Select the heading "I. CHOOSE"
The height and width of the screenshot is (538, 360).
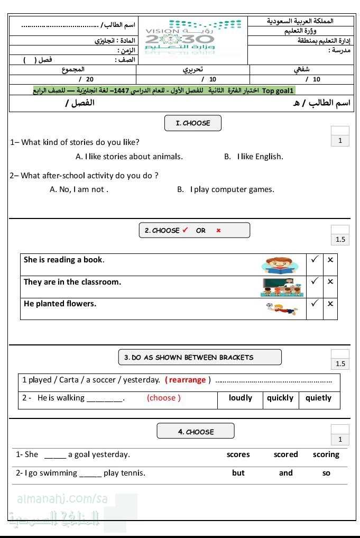click(193, 123)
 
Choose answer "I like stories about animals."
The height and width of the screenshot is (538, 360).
click(130, 157)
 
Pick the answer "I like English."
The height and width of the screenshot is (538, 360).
click(254, 157)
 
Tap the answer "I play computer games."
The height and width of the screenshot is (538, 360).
click(226, 189)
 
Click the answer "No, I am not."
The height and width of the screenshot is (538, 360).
click(79, 189)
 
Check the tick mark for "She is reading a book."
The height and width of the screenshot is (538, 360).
click(315, 260)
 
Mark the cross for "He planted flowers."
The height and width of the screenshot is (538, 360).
click(330, 304)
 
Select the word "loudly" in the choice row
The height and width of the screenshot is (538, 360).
click(241, 398)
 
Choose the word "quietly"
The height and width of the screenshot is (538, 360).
click(318, 398)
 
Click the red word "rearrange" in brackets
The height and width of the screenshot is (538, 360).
click(187, 380)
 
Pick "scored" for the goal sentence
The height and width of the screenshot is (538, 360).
click(286, 454)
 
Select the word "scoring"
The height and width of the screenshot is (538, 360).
click(326, 454)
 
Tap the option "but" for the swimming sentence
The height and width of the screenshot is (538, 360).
click(238, 473)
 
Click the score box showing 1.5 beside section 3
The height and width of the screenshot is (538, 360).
click(340, 364)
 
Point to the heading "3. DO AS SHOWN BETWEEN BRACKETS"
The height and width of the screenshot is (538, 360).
click(199, 358)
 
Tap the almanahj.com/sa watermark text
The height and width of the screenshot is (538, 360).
click(62, 499)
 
